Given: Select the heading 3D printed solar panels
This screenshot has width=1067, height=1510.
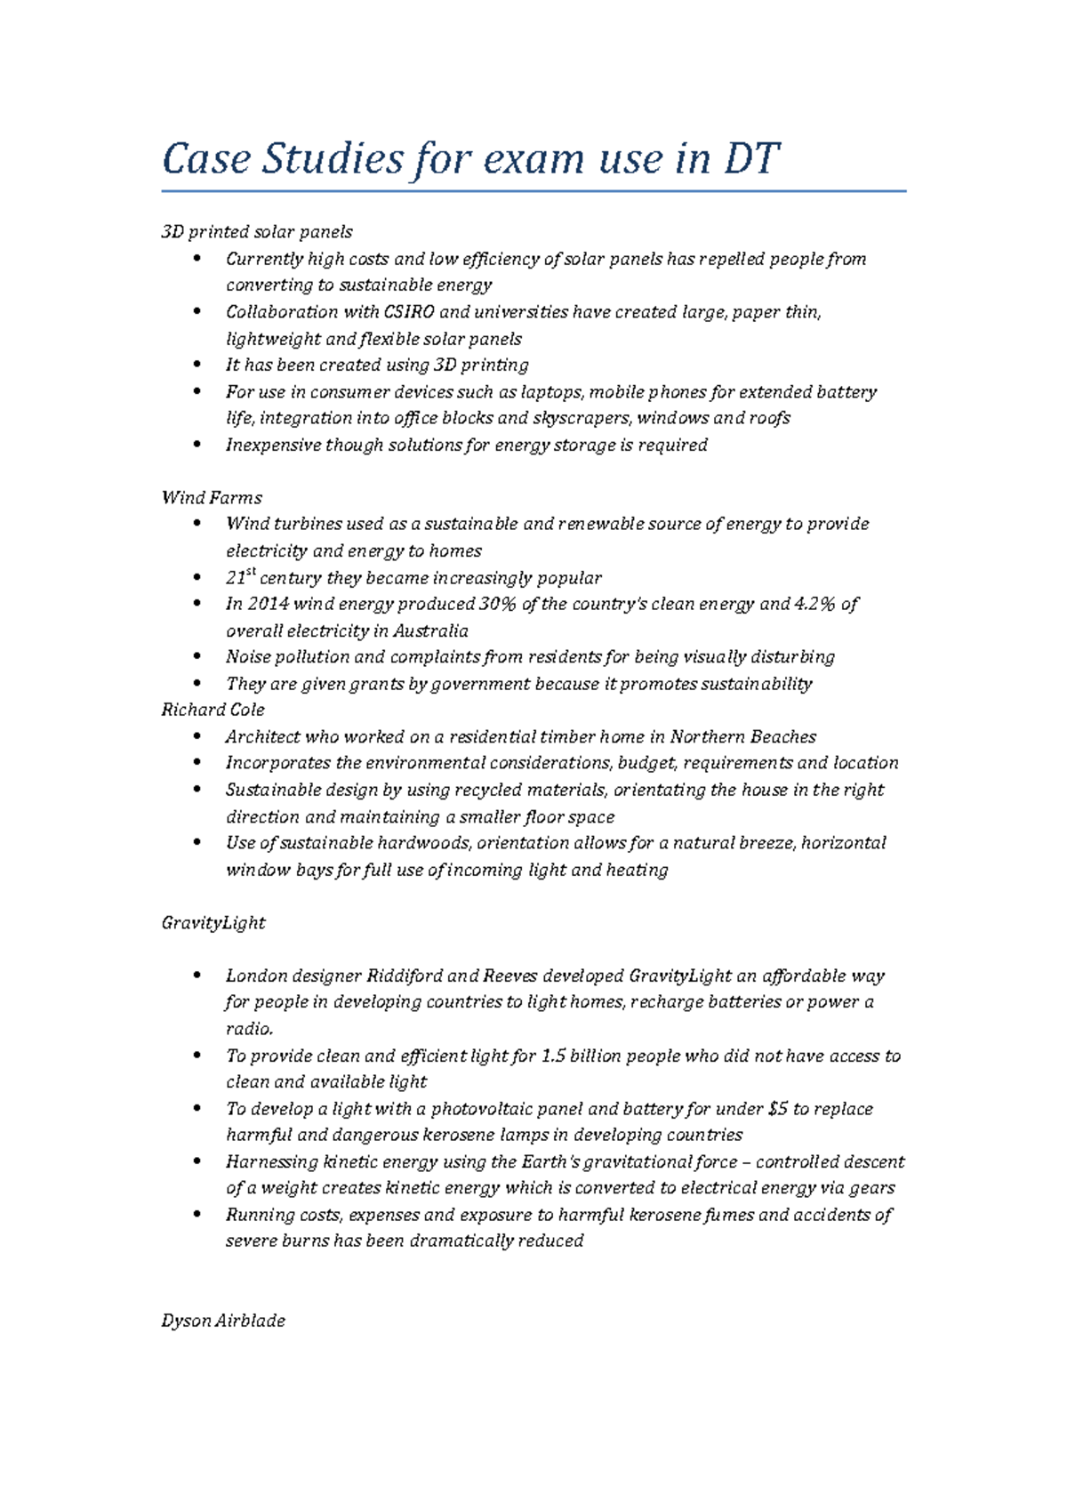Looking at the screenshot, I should point(257,232).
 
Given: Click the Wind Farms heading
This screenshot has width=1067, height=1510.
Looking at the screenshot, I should point(212,498).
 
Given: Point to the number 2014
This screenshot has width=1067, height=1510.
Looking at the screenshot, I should point(268,605).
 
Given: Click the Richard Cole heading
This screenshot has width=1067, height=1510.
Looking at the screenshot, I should point(213,710).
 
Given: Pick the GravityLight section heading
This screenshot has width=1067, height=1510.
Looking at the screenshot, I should point(213,923).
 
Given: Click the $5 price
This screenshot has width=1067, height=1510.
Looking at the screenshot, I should point(778,1109).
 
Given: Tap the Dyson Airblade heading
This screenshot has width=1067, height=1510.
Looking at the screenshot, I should point(223,1321).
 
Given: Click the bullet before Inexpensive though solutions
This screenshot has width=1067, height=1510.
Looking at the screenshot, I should point(197,445).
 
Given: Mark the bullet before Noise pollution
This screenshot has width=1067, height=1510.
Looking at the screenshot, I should point(197,657).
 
